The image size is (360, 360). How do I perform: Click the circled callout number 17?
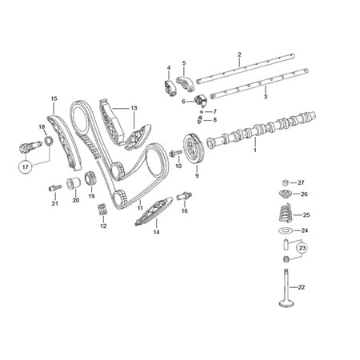pyautogui.click(x=25, y=167)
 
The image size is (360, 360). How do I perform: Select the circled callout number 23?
pyautogui.click(x=302, y=248)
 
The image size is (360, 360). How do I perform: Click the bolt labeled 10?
pyautogui.click(x=175, y=154)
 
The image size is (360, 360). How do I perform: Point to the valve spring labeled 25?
pyautogui.click(x=286, y=214)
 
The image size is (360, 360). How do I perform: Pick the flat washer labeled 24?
pyautogui.click(x=286, y=230)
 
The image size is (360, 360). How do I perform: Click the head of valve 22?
pyautogui.click(x=286, y=304)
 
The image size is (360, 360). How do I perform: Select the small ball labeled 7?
pyautogui.click(x=202, y=111)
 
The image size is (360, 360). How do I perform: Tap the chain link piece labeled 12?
pyautogui.click(x=102, y=210)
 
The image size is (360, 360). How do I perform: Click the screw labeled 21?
pyautogui.click(x=55, y=188)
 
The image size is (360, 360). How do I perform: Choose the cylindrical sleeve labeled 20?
pyautogui.click(x=74, y=182)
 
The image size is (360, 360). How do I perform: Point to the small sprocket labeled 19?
pyautogui.click(x=90, y=178)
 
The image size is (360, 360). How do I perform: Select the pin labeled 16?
pyautogui.click(x=184, y=197)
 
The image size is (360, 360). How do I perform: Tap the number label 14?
pyautogui.click(x=156, y=232)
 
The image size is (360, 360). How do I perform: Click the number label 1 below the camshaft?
pyautogui.click(x=255, y=150)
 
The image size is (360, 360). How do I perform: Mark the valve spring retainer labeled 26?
pyautogui.click(x=286, y=194)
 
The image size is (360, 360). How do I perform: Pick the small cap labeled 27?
pyautogui.click(x=286, y=182)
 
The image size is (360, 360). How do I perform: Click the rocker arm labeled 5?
pyautogui.click(x=186, y=82)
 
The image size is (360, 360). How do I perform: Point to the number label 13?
pyautogui.click(x=134, y=108)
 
